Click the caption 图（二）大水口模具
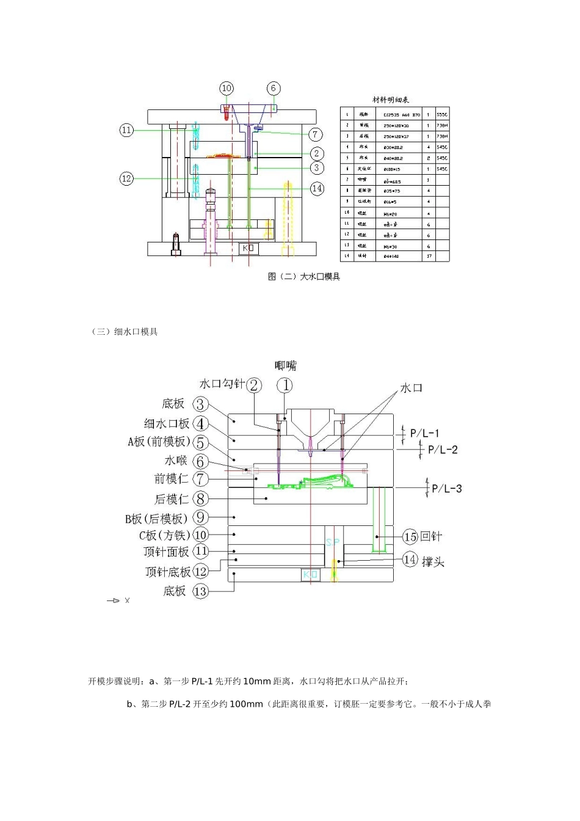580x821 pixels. click(303, 277)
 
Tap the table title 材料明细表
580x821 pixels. click(391, 100)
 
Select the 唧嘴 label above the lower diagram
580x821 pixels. click(285, 366)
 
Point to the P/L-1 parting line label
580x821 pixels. click(425, 433)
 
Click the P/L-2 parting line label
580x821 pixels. click(443, 450)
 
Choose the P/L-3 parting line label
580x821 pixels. click(447, 488)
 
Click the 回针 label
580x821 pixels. click(431, 536)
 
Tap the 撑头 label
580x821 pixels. click(433, 561)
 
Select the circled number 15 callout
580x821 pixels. click(410, 537)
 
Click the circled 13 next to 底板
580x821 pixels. click(200, 591)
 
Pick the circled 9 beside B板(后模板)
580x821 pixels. click(200, 518)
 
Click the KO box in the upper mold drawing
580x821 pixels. click(248, 249)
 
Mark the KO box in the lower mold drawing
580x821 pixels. click(311, 574)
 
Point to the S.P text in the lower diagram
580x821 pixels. click(332, 542)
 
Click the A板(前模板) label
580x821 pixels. click(159, 442)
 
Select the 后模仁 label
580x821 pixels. click(171, 499)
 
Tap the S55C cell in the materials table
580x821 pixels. click(441, 114)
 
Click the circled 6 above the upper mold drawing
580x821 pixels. click(274, 89)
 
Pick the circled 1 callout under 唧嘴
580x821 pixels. click(285, 385)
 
